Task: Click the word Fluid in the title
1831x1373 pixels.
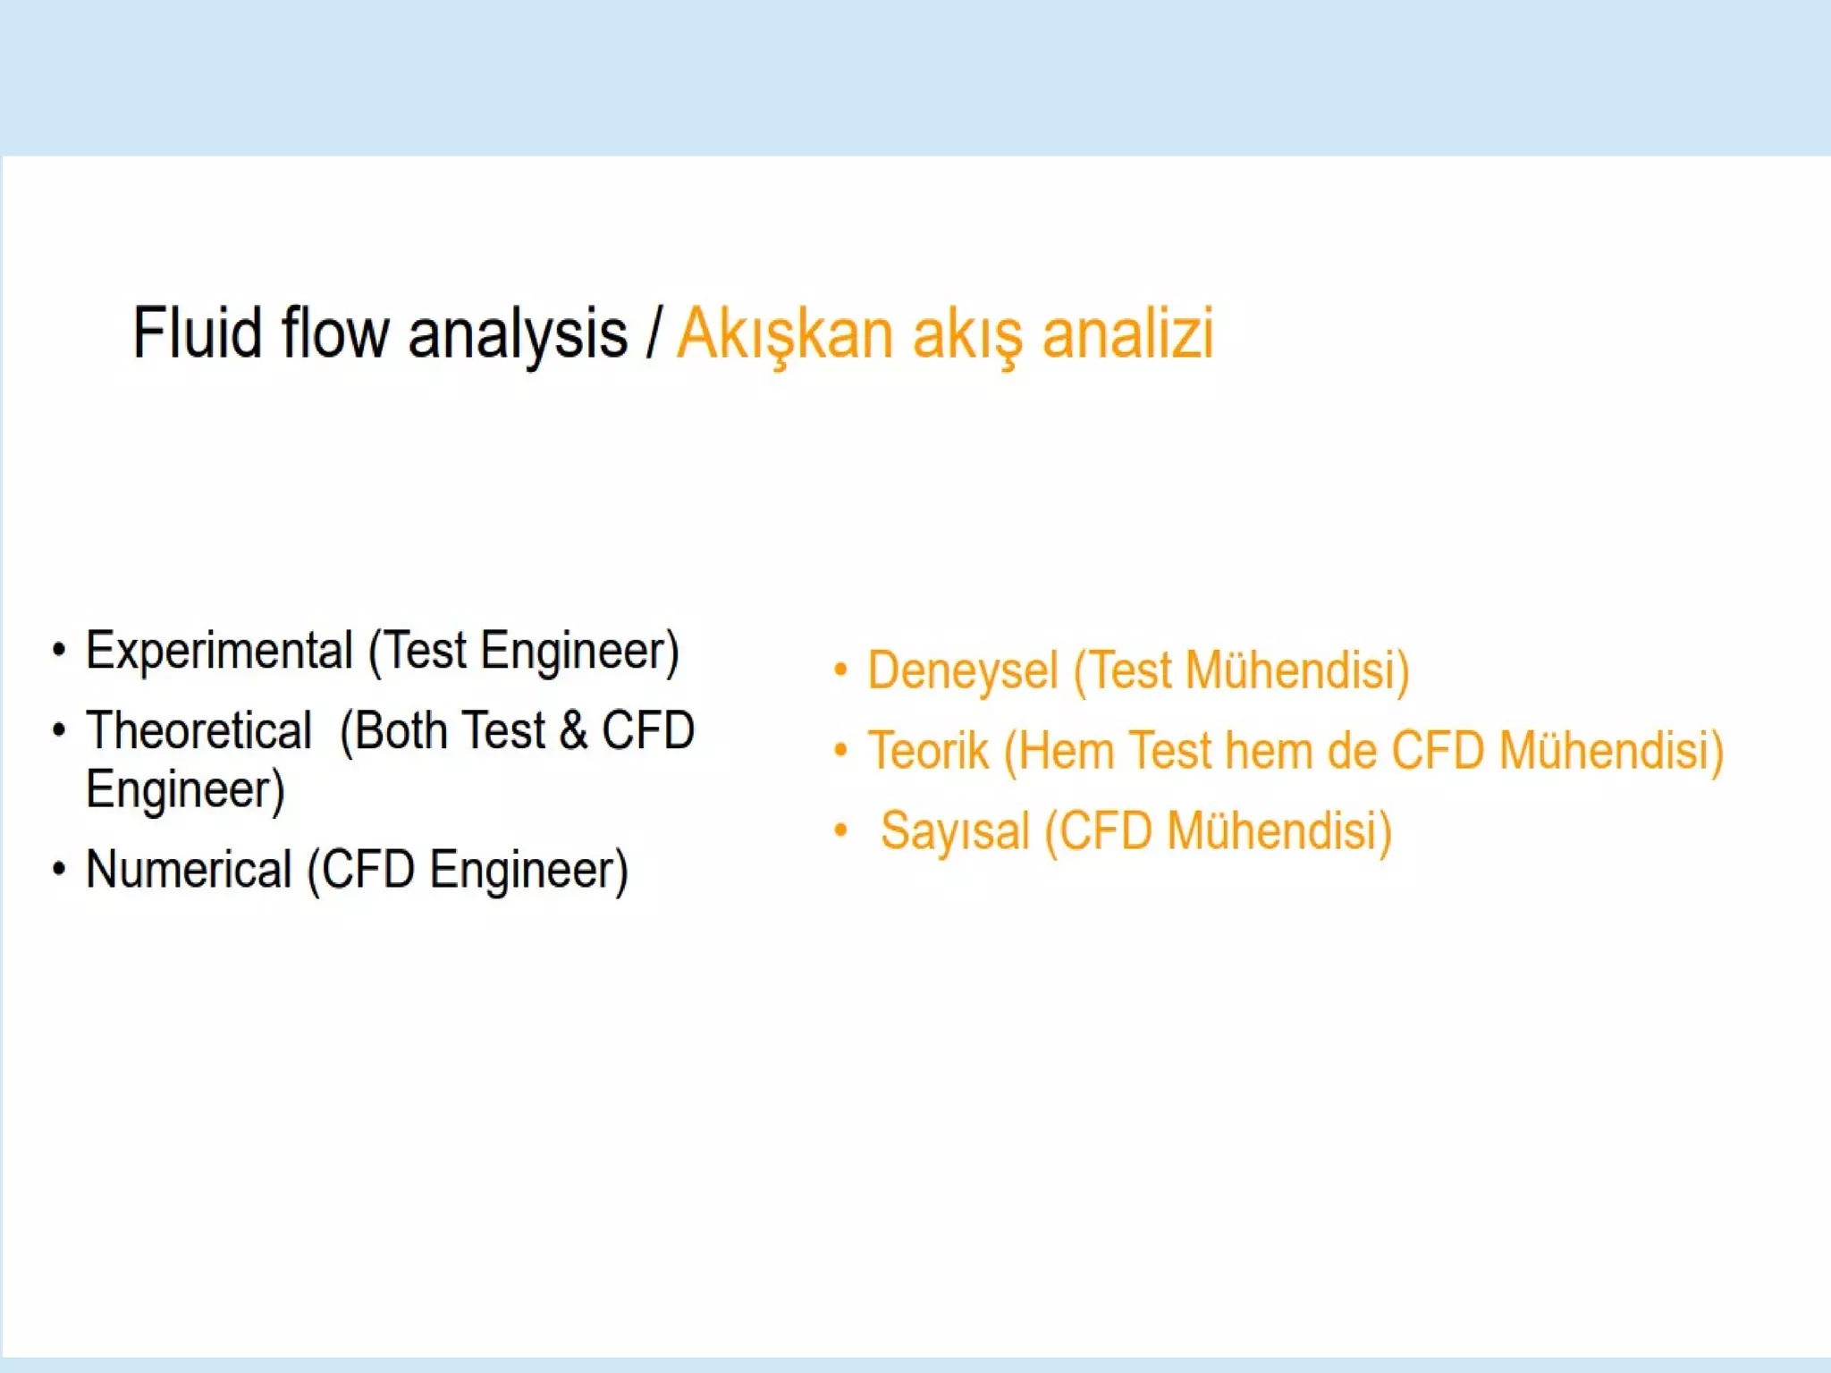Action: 197,333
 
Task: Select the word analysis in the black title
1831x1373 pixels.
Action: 518,334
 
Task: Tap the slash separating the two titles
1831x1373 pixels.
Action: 654,333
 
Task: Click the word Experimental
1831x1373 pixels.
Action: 219,650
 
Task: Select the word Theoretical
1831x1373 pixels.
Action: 198,730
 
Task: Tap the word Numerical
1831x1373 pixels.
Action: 189,869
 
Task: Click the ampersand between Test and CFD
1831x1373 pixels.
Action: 573,730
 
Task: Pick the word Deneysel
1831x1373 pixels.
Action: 962,670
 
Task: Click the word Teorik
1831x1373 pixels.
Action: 928,750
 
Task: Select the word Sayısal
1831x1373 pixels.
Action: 955,830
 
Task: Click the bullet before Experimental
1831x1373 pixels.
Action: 59,650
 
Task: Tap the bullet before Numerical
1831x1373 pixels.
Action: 59,869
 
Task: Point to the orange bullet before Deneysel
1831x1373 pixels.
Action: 840,670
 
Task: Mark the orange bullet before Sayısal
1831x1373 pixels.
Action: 840,830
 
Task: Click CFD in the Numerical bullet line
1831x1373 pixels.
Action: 367,869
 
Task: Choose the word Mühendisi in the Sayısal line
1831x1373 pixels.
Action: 1278,830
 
